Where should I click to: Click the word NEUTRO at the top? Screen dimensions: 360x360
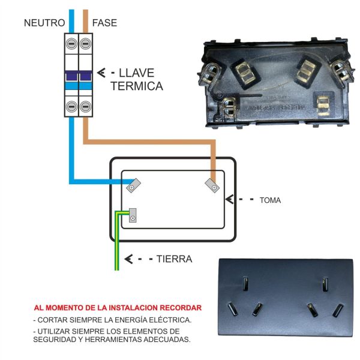coord(44,23)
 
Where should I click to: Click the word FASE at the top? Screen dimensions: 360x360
coord(104,23)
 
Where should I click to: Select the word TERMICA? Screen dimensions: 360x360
coord(137,86)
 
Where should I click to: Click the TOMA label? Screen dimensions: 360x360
coord(270,200)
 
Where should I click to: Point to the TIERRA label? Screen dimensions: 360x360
coord(174,259)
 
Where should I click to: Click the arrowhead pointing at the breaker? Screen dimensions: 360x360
coord(101,73)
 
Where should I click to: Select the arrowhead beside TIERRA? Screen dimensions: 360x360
coord(128,259)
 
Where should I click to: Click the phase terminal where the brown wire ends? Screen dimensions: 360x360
coord(212,185)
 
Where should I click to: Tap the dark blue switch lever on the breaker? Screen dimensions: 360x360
coord(78,76)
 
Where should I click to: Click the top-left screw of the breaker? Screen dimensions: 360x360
coord(71,43)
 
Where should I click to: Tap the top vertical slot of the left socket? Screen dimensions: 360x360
coord(244,282)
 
